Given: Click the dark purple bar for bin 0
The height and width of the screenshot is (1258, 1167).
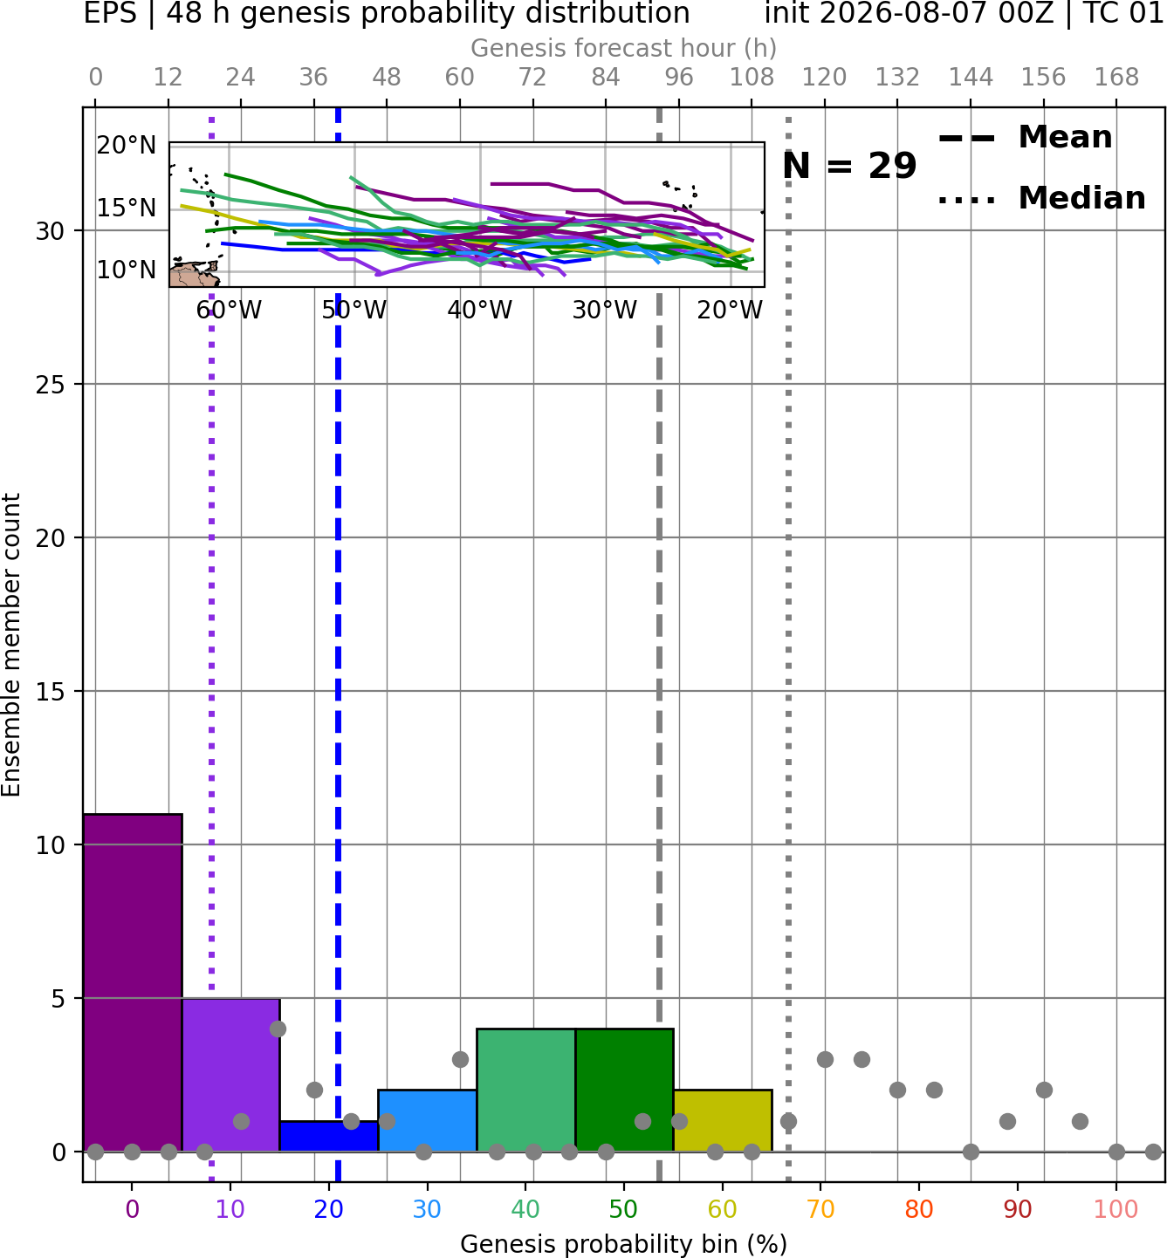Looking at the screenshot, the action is point(133,982).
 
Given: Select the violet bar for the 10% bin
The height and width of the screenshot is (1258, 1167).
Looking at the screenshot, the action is point(231,1075).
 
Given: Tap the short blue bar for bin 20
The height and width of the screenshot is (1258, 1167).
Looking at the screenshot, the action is point(329,1137).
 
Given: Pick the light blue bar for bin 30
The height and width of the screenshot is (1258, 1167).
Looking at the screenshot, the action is point(427,1120).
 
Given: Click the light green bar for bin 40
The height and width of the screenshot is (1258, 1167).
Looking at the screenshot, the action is point(526,1090).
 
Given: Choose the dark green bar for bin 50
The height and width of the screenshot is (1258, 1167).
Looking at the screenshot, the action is point(624,1090).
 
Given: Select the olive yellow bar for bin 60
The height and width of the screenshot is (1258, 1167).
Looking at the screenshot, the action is point(723,1120).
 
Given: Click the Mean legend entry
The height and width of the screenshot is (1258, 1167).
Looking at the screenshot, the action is point(1025,138).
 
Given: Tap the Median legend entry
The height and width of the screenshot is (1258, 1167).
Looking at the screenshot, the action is point(1041,198).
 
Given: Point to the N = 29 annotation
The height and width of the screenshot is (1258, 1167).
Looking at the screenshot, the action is point(849,166).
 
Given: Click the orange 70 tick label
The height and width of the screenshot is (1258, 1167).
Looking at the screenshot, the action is point(820,1209).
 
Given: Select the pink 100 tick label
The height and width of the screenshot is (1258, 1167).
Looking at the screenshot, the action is point(1116,1209).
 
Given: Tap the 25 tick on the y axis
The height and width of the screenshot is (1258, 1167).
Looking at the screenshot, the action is point(50,385).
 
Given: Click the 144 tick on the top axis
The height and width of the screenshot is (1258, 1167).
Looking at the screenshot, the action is point(971,78).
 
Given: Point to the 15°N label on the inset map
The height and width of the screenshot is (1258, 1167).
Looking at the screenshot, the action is point(127,208).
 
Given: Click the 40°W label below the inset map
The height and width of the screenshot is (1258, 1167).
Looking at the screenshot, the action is point(480,310).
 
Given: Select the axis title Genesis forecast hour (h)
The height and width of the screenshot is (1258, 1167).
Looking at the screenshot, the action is point(624,48).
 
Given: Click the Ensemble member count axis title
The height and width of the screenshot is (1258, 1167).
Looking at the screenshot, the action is point(11,645).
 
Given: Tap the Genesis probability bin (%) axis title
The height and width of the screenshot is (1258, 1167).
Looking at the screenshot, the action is point(624,1244).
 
